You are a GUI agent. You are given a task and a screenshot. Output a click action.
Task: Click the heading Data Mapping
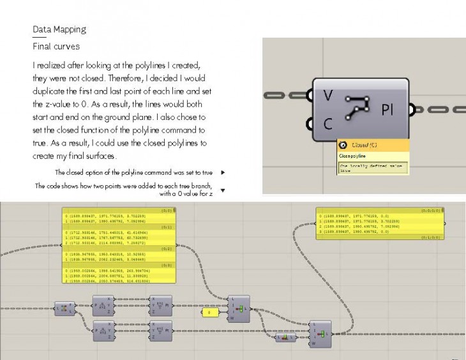pos(59,29)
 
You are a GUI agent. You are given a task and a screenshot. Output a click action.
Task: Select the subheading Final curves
pos(56,47)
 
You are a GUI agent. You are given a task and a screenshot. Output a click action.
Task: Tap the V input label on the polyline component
pos(327,96)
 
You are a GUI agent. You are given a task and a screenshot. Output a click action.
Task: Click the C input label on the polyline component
pos(327,124)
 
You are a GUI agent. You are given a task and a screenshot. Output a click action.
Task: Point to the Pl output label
pos(387,110)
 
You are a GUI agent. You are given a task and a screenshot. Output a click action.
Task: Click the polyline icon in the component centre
pos(358,109)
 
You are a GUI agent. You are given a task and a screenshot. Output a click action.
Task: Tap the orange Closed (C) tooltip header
pos(373,146)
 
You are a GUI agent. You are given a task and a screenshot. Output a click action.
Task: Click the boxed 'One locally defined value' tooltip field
pos(372,168)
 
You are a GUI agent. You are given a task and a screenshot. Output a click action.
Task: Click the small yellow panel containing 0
pos(209,312)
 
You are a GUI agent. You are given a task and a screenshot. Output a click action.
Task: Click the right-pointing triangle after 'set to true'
pos(222,172)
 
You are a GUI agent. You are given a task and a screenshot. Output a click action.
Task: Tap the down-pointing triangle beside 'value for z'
pos(222,190)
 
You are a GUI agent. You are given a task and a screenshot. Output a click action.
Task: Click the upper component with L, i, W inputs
pos(239,309)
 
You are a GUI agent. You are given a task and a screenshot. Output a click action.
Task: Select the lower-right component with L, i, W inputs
pos(320,333)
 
